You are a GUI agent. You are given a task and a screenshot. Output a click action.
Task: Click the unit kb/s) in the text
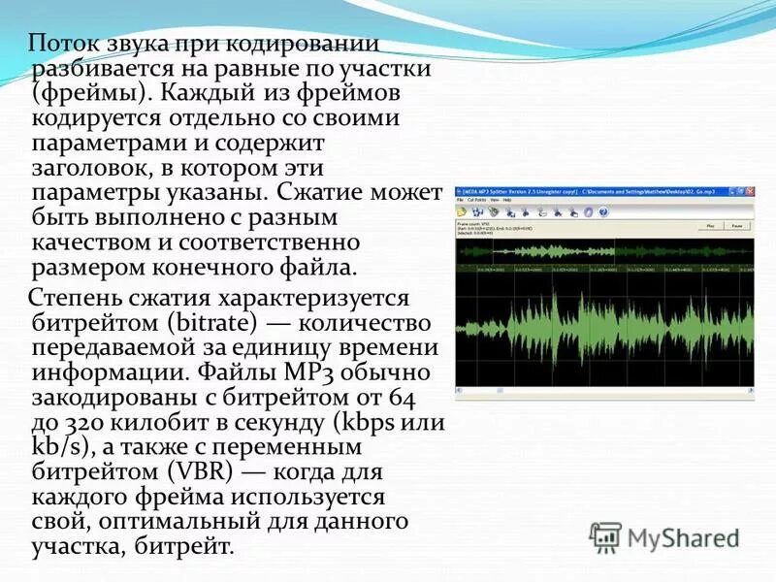click(59, 448)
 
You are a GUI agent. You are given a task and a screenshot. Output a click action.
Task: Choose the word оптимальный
click(168, 523)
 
